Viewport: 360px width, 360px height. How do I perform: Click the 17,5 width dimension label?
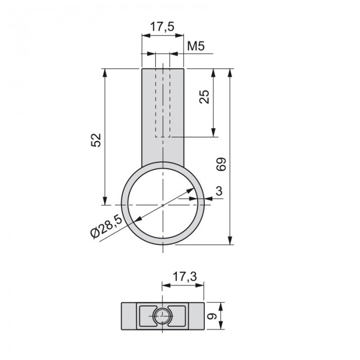(162, 27)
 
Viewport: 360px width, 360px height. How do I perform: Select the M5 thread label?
(195, 46)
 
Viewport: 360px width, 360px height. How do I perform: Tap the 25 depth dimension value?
(204, 97)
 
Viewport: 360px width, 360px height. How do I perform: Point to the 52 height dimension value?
(96, 140)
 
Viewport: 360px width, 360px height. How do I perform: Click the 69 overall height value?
(221, 164)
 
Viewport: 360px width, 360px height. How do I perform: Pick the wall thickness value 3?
(219, 191)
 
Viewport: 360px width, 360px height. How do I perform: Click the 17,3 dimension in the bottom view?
(185, 277)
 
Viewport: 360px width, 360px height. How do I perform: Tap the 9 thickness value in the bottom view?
(212, 316)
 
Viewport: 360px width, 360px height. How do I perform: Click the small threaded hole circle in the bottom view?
(162, 316)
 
